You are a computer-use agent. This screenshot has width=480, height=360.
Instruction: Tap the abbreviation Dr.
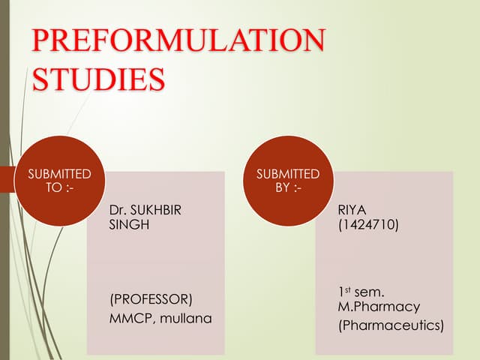click(118, 211)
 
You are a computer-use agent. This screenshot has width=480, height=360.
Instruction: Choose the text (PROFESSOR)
click(151, 299)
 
